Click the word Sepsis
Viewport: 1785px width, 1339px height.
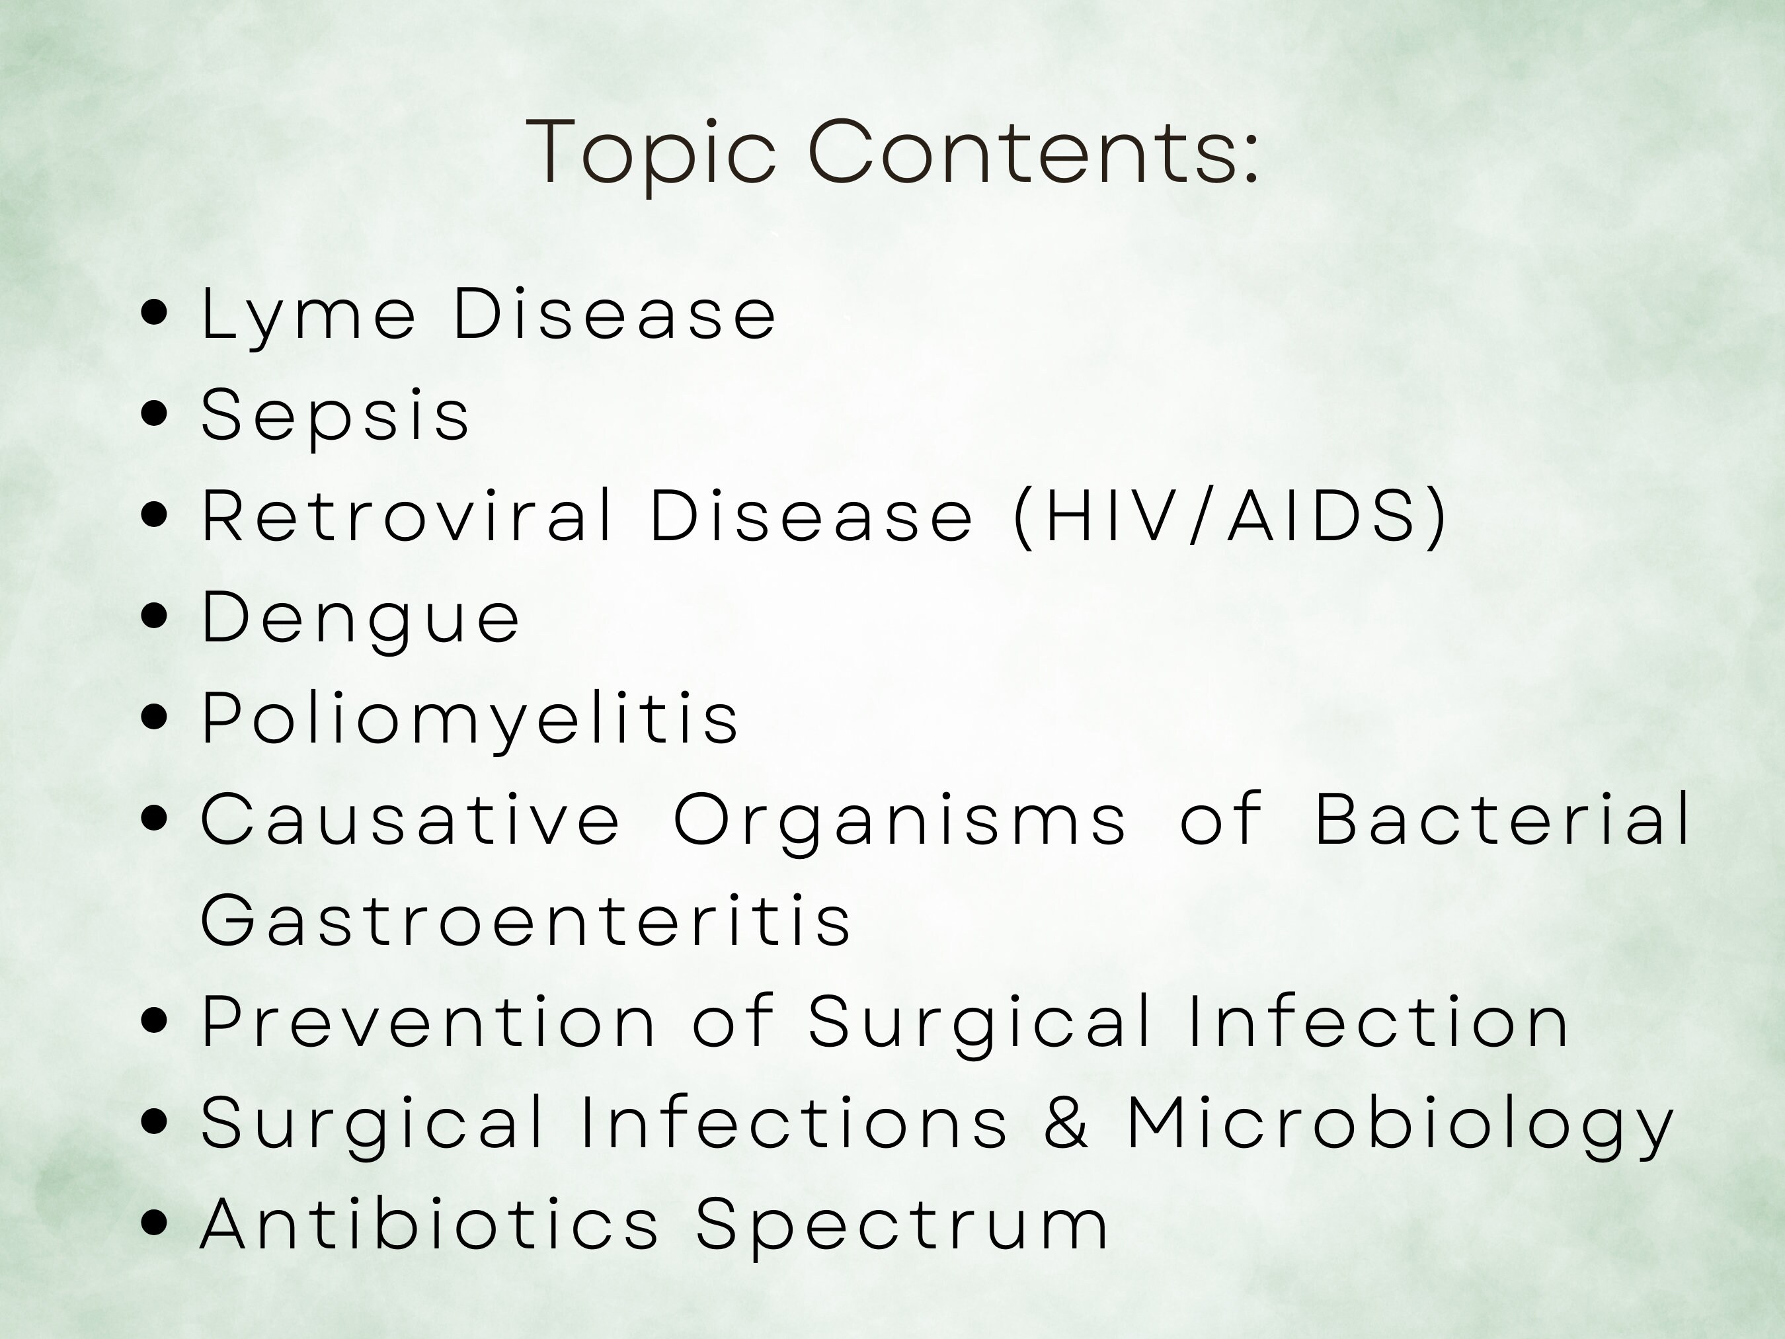[335, 416]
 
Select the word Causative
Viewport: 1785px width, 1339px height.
[411, 820]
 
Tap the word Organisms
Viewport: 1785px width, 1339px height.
[900, 820]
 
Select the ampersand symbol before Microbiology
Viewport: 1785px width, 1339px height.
[1066, 1123]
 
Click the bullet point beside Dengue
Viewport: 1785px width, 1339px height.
[153, 617]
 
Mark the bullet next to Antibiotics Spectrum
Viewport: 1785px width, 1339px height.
[153, 1223]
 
